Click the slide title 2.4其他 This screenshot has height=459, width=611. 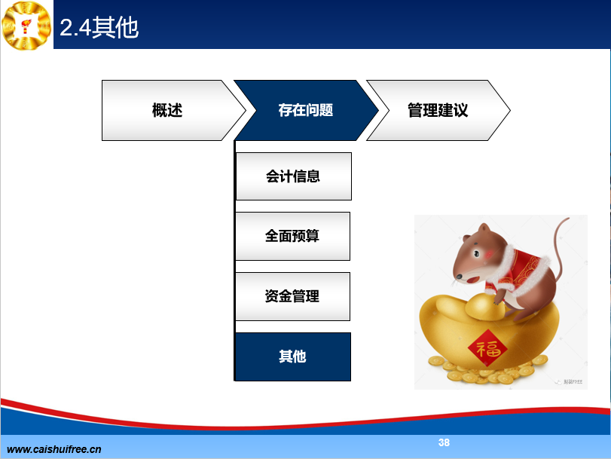coord(99,28)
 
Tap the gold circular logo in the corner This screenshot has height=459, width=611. coord(26,26)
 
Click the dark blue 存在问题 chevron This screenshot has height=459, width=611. coord(306,110)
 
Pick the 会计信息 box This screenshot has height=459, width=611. coord(294,176)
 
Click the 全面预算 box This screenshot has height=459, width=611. coord(292,237)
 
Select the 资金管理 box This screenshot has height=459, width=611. coord(292,296)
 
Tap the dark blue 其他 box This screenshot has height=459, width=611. coord(293,356)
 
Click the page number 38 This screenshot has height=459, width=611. coord(444,442)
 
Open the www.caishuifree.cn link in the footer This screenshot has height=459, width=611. coord(53,449)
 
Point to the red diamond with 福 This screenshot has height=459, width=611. coord(487,348)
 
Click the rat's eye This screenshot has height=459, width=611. coord(476,254)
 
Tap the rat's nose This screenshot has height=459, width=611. coord(459,277)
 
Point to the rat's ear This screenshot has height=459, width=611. coord(484,228)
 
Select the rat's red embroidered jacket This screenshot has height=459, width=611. coord(522,269)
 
